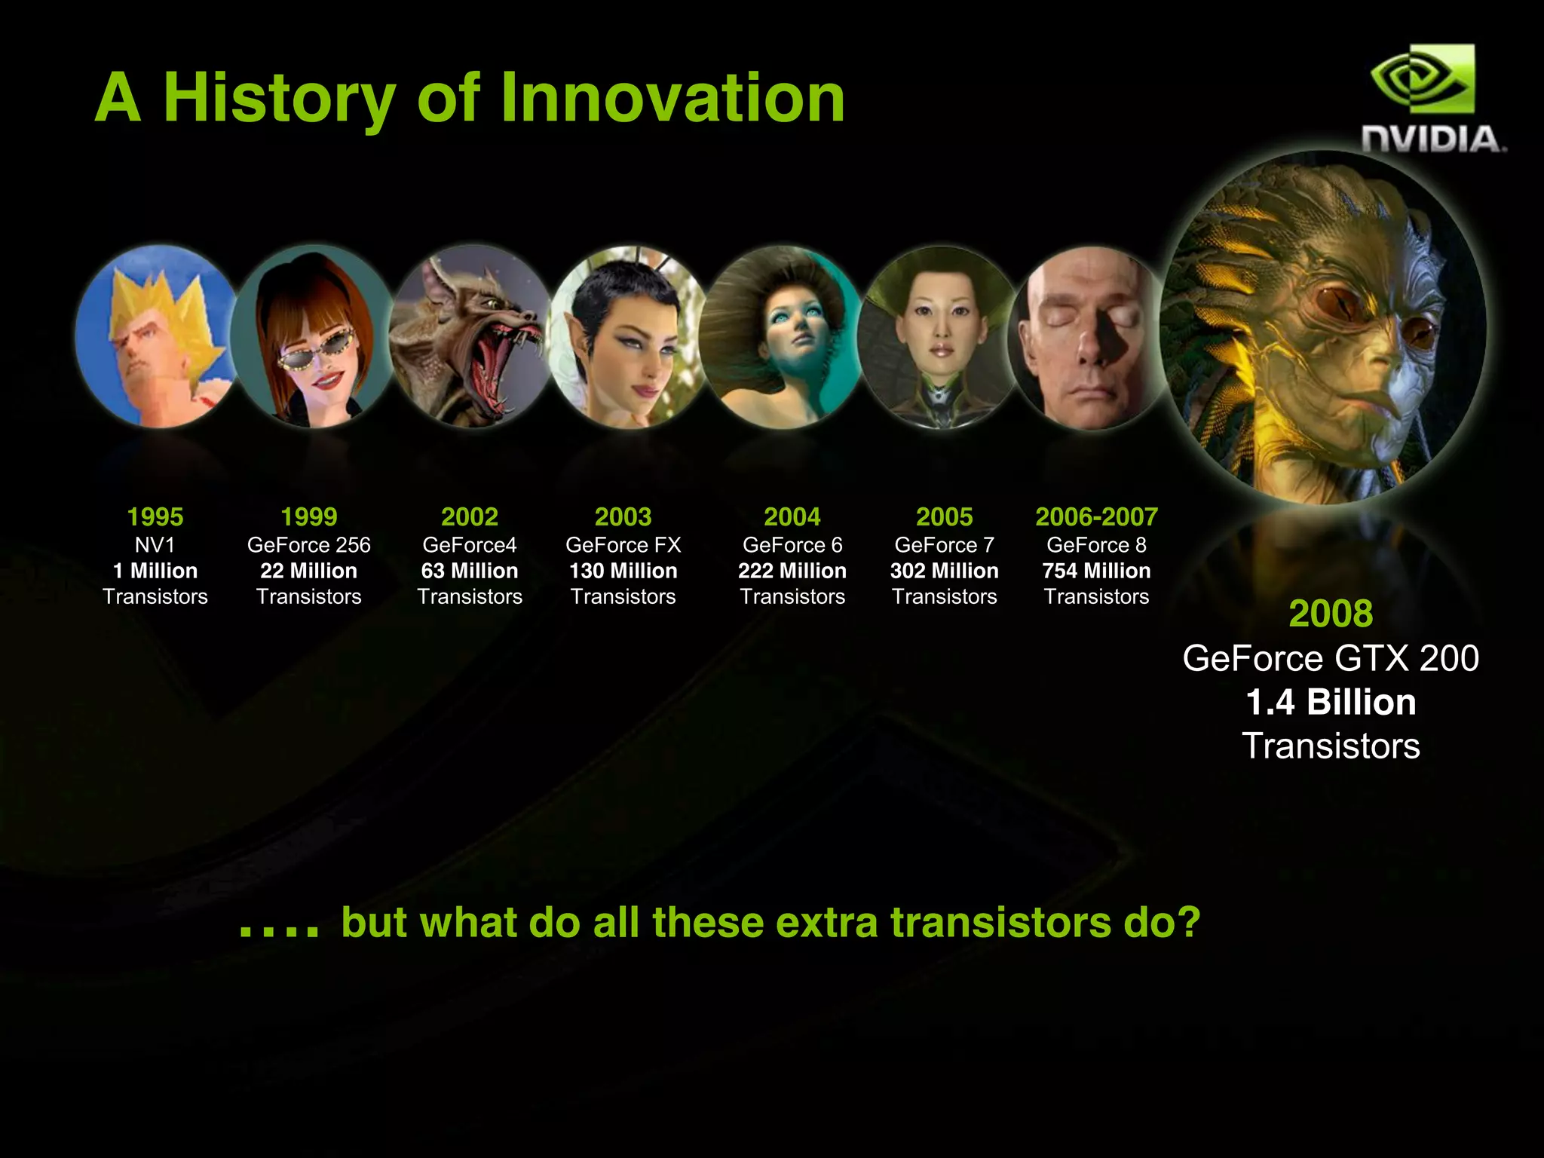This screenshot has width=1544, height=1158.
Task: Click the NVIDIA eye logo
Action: [1421, 79]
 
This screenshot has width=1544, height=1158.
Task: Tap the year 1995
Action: [155, 517]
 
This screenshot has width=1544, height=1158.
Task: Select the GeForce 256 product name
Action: [309, 545]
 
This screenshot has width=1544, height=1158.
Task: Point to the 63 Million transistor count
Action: [470, 571]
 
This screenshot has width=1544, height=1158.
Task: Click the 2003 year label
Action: [623, 517]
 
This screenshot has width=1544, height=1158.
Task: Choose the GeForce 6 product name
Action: [792, 545]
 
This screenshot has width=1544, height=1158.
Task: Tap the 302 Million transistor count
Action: [944, 571]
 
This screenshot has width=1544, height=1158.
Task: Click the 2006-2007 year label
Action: [1096, 517]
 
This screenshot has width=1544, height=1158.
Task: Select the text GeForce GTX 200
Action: [1331, 658]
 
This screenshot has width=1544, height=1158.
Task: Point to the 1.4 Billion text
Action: [1331, 703]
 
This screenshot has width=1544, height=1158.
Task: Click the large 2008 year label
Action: [1331, 614]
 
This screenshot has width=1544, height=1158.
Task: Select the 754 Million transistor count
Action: [1096, 571]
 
